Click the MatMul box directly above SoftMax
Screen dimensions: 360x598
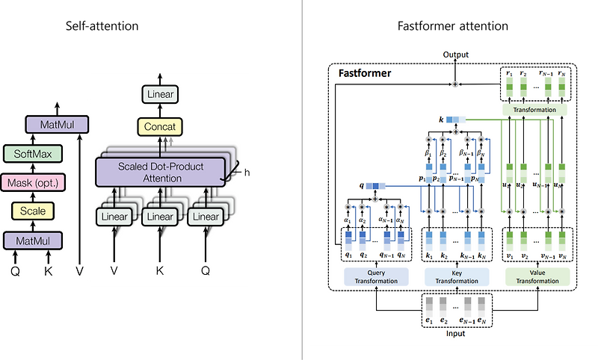point(57,124)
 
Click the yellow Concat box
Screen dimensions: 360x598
point(160,127)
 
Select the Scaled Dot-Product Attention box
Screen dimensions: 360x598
point(160,172)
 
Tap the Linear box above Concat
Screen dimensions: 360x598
point(160,94)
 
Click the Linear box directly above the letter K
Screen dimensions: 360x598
point(160,217)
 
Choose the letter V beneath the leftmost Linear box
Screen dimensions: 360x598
point(114,271)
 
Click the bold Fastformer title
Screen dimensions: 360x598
point(365,74)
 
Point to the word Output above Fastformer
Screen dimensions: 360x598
point(456,55)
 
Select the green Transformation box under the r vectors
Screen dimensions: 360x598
point(534,110)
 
